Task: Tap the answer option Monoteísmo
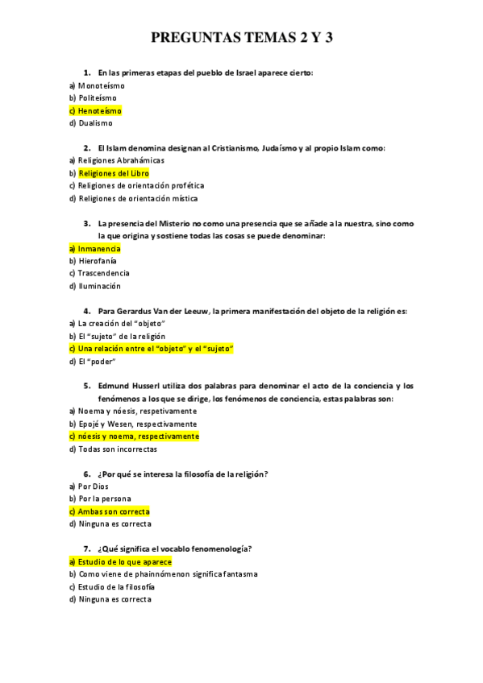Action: (x=101, y=85)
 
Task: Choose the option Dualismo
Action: (x=95, y=123)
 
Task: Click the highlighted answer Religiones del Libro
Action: (x=113, y=173)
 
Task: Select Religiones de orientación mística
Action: (x=137, y=198)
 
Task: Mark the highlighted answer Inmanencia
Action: (x=98, y=249)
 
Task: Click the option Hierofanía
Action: (x=98, y=261)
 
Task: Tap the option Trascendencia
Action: (x=104, y=273)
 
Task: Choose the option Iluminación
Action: (x=99, y=286)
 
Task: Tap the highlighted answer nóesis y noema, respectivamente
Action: (x=138, y=437)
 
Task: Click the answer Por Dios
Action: (x=93, y=486)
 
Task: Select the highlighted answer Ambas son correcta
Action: (x=114, y=511)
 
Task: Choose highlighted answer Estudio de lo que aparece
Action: (x=124, y=561)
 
